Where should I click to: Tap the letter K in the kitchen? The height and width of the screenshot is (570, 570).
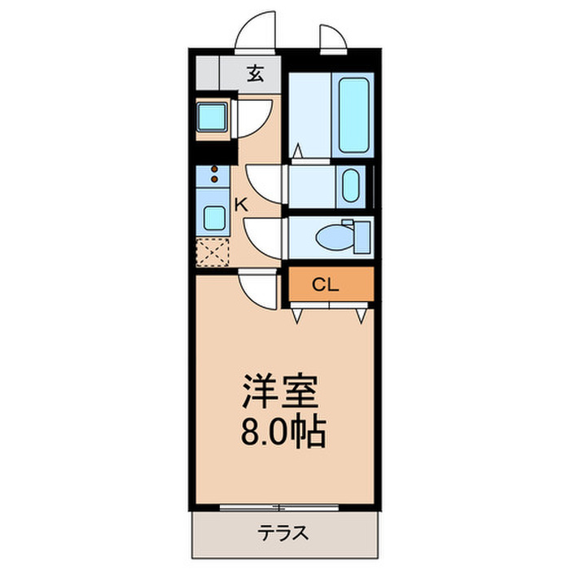pyautogui.click(x=241, y=204)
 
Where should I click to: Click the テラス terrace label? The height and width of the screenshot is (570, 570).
pyautogui.click(x=284, y=533)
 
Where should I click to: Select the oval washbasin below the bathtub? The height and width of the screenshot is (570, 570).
pyautogui.click(x=350, y=186)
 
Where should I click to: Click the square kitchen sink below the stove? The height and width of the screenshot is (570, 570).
pyautogui.click(x=214, y=217)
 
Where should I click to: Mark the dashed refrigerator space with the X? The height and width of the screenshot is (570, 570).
pyautogui.click(x=213, y=252)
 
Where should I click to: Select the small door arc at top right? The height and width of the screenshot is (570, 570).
pyautogui.click(x=332, y=37)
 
